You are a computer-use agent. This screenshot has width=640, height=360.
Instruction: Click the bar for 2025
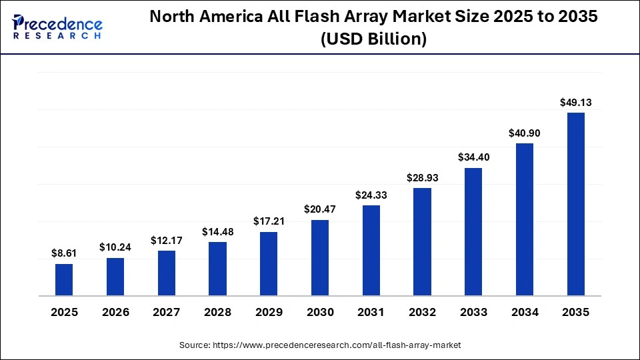pyautogui.click(x=64, y=279)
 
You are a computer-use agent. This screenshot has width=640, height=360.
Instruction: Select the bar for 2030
pyautogui.click(x=320, y=257)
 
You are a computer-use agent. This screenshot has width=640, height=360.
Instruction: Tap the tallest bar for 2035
pyautogui.click(x=576, y=204)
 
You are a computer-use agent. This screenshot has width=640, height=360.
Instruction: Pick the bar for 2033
pyautogui.click(x=473, y=231)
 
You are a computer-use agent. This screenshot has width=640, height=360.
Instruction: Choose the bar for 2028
pyautogui.click(x=217, y=269)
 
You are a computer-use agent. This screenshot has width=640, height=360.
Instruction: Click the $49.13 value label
pyautogui.click(x=576, y=103)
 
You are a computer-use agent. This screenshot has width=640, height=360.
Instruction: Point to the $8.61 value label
pyautogui.click(x=64, y=253)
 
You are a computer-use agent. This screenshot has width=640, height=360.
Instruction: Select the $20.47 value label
pyautogui.click(x=320, y=209)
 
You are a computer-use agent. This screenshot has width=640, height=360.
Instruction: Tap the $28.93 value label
pyautogui.click(x=422, y=178)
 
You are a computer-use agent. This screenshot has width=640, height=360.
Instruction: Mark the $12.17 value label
pyautogui.click(x=166, y=240)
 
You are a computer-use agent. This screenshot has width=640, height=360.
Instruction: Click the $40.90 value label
pyautogui.click(x=525, y=133)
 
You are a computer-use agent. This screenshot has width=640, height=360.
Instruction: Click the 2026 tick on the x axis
pyautogui.click(x=115, y=312)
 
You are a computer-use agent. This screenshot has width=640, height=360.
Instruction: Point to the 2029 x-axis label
pyautogui.click(x=269, y=312)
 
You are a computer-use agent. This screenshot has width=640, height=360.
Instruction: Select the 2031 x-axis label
pyautogui.click(x=371, y=312)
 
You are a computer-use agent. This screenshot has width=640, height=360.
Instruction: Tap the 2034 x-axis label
pyautogui.click(x=525, y=312)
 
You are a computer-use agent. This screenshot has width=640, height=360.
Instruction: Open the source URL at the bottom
pyautogui.click(x=337, y=345)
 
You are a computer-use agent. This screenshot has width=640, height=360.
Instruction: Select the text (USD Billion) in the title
pyautogui.click(x=373, y=39)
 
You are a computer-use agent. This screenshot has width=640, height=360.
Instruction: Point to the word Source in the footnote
pyautogui.click(x=194, y=345)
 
